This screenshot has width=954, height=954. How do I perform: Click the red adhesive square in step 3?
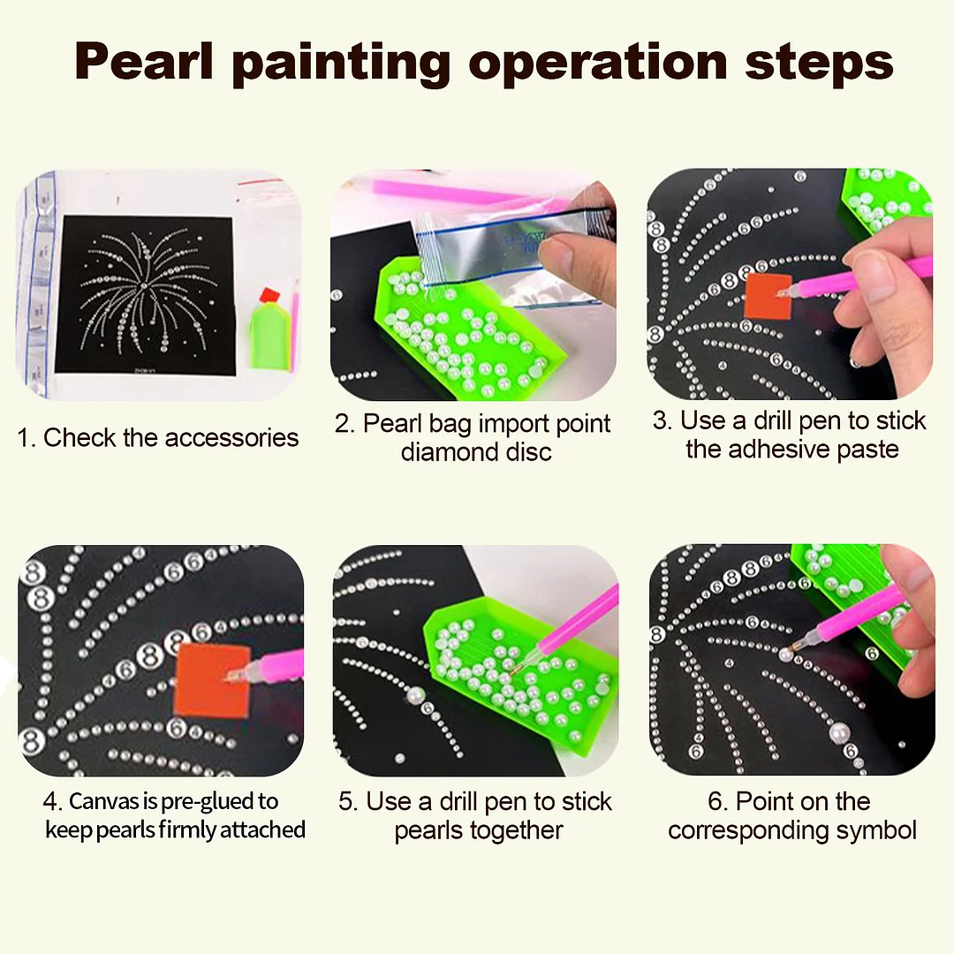pos(767,294)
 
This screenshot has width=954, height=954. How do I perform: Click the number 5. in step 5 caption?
pos(348,802)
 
